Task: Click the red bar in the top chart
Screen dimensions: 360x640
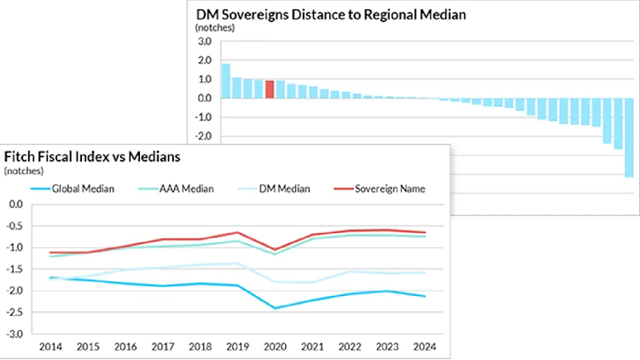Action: point(270,90)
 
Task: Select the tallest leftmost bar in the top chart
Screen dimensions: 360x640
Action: point(226,81)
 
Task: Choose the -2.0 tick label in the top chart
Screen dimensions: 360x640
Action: point(201,136)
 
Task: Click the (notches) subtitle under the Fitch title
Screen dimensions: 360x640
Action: point(24,171)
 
